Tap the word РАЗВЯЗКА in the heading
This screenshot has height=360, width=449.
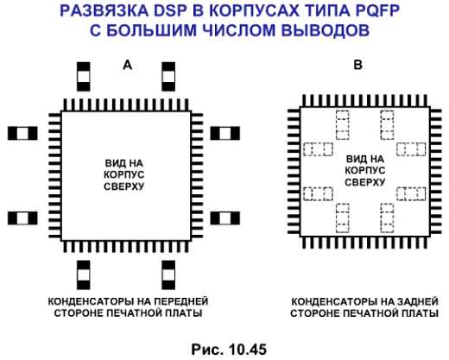104,11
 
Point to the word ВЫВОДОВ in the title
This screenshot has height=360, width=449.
326,30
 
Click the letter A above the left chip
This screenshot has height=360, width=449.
128,65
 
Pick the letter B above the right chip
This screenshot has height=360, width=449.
357,65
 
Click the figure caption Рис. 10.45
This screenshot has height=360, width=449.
229,350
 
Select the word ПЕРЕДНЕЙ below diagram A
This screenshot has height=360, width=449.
181,301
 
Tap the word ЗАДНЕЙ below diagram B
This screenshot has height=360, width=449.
418,301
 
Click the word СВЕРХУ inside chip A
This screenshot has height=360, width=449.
123,186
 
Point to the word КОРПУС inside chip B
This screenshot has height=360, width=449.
364,170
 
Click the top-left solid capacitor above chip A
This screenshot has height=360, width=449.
84,77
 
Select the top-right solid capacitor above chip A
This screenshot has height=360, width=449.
168,77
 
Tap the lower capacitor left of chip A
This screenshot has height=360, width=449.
22,218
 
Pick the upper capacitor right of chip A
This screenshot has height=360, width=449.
225,134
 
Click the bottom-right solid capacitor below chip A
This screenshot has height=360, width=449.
168,275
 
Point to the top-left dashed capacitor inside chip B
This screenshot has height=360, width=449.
343,125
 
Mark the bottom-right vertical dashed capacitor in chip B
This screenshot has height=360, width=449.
387,218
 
